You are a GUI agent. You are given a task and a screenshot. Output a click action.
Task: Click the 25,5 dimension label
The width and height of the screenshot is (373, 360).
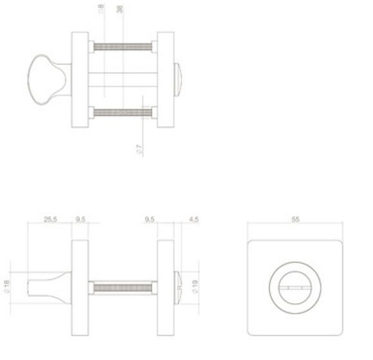(x=50, y=220)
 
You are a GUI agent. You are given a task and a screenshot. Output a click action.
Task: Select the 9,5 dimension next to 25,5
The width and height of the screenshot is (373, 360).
(x=81, y=220)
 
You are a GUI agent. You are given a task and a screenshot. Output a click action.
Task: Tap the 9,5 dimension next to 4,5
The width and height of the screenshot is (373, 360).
(x=150, y=220)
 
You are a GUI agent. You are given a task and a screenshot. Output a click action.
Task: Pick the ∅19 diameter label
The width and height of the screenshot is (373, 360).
(x=194, y=286)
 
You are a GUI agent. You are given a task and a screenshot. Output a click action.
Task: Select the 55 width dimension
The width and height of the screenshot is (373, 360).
(x=296, y=220)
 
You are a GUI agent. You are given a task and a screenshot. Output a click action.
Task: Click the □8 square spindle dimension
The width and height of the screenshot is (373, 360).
(x=102, y=9)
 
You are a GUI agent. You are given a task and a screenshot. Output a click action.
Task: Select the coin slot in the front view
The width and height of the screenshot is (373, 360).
(x=296, y=287)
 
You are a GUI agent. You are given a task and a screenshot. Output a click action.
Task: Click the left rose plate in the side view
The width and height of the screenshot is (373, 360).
(x=80, y=287)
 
